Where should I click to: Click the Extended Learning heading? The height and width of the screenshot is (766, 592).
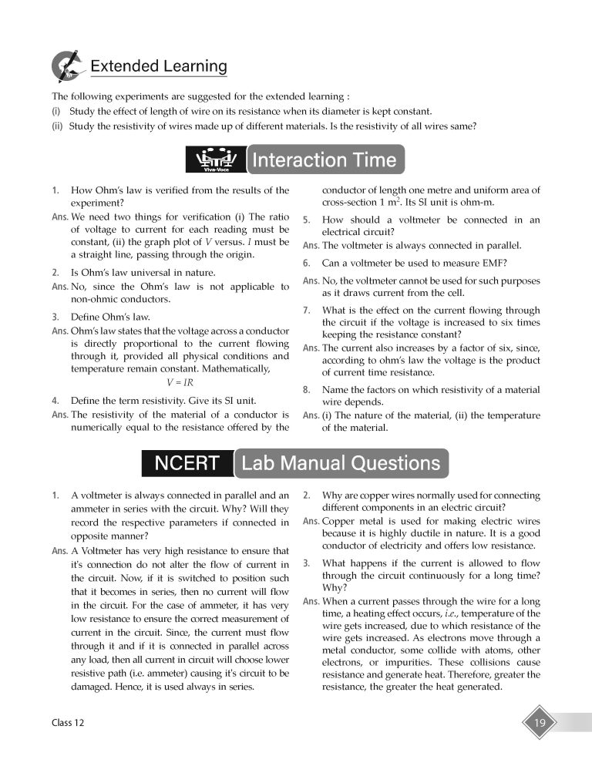click(x=159, y=66)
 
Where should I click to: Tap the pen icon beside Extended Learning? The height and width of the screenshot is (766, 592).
click(x=66, y=66)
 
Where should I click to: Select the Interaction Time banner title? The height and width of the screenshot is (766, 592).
click(x=324, y=160)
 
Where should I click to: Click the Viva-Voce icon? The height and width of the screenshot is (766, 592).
click(x=216, y=160)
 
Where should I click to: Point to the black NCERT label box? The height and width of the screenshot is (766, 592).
click(x=187, y=463)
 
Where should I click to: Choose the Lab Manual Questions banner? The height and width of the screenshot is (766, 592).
click(x=341, y=463)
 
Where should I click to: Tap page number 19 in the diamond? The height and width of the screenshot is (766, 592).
click(x=540, y=723)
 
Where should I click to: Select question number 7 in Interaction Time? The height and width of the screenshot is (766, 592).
click(x=306, y=311)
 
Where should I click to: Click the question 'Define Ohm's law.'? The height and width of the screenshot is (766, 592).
click(x=110, y=317)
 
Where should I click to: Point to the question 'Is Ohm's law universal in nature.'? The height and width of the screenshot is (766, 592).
click(x=143, y=272)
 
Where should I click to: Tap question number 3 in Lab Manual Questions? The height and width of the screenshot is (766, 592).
click(x=306, y=563)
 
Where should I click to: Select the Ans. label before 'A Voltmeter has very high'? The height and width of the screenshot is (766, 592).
click(x=59, y=551)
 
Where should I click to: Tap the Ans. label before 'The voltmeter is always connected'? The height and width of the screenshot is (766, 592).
click(x=311, y=246)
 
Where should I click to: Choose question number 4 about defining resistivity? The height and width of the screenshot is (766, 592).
click(x=55, y=401)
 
